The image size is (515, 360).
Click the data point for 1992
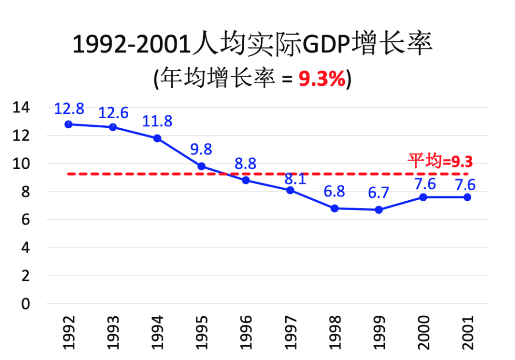coord(69,124)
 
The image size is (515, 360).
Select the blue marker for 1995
coord(201,166)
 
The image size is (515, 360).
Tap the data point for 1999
coord(379,210)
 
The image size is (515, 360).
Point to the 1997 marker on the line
coord(290,190)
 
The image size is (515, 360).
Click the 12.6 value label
coord(113,113)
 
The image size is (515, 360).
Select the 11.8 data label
coord(157,121)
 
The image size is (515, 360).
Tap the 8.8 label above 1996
coord(246,164)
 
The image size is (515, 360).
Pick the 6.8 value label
coord(334,192)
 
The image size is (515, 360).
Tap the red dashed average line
coord(143,174)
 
